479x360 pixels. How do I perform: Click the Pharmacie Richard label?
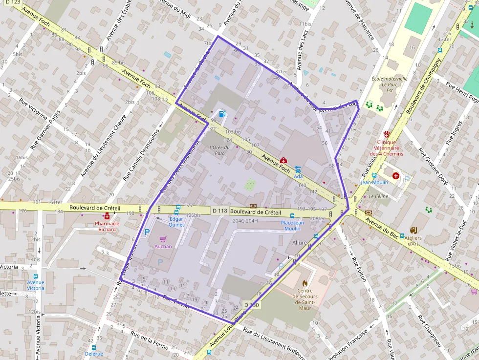click(107, 226)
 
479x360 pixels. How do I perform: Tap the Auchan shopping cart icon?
click(163, 239)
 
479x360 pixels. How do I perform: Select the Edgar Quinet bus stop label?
click(176, 222)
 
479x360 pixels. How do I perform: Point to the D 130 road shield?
click(252, 305)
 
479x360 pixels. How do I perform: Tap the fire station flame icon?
click(305, 283)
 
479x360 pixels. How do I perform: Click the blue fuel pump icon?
click(222, 114)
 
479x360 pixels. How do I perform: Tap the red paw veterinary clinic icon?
click(387, 133)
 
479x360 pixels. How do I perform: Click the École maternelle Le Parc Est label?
click(389, 84)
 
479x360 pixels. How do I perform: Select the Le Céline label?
click(378, 196)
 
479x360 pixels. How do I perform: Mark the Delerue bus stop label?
click(93, 353)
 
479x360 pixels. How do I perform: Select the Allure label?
click(300, 243)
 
